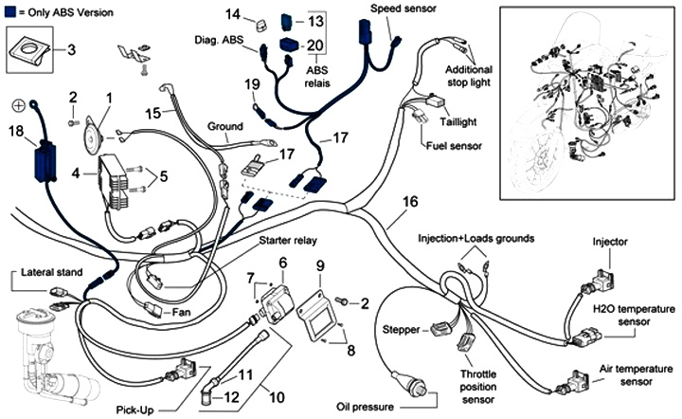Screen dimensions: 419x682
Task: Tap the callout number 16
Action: pos(409,202)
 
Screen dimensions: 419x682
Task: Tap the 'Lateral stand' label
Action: pos(54,273)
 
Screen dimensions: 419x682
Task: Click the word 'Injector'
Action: pos(610,243)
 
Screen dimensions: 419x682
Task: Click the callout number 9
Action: pos(320,264)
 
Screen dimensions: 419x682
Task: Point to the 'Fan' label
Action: pos(178,311)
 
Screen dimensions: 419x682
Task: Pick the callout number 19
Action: pos(252,86)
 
